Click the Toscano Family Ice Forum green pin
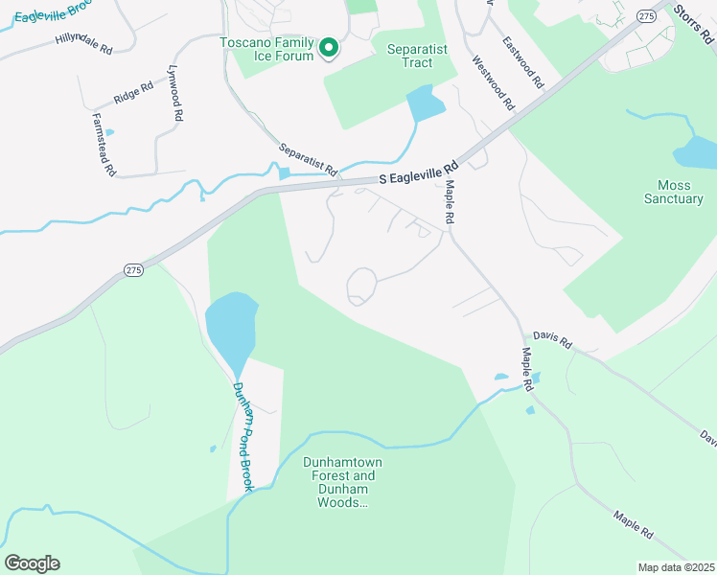tap(329, 47)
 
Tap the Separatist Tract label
tap(423, 56)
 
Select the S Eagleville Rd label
tap(418, 176)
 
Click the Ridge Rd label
tap(132, 92)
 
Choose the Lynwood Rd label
tap(174, 92)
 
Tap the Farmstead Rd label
tap(104, 145)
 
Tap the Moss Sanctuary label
tap(681, 192)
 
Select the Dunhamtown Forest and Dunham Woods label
tap(343, 482)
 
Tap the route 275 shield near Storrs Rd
tap(647, 16)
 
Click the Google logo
tap(33, 563)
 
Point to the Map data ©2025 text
tap(675, 567)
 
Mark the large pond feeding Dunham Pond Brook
tap(231, 323)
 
